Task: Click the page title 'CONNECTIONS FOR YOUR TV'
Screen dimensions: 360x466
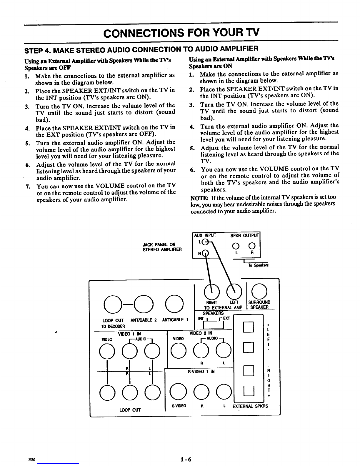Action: pos(181,33)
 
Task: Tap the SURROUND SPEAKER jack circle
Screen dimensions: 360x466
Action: pos(259,291)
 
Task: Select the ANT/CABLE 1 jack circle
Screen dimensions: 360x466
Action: pos(174,304)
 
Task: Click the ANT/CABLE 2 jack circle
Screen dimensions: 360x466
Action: pos(144,304)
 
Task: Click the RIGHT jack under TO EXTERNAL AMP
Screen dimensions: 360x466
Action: pos(212,292)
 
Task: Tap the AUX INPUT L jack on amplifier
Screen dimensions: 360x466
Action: pos(205,242)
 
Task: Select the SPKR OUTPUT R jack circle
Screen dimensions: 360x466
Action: pos(252,246)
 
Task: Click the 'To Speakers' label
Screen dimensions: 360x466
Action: pos(258,265)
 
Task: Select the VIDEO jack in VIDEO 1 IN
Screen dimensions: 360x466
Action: pos(107,351)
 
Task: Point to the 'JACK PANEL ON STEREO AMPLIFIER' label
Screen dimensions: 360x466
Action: pos(162,247)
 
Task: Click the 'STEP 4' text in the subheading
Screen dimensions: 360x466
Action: pos(37,51)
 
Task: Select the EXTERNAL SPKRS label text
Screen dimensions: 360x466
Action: pos(250,406)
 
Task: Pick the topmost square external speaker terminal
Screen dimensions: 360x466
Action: pos(248,327)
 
